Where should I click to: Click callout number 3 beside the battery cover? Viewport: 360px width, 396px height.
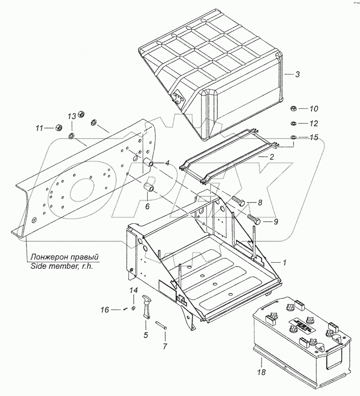point(298,75)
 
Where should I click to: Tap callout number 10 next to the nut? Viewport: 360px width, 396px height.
point(314,108)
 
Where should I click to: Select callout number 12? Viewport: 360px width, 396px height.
point(314,123)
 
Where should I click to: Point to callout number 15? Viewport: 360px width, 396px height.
point(314,137)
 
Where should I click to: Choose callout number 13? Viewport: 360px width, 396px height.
point(72,116)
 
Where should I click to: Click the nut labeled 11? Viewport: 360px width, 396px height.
point(57,127)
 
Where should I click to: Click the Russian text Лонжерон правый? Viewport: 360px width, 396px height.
point(64,257)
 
